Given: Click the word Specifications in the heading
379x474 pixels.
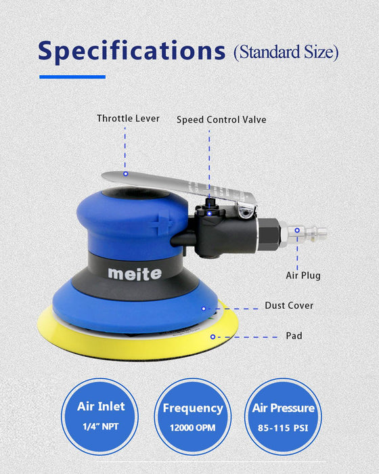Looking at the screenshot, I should (131, 51).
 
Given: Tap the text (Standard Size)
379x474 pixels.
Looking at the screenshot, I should (286, 52).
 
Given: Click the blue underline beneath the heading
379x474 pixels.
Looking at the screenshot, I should (72, 77).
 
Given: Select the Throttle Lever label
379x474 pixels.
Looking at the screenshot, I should (128, 118).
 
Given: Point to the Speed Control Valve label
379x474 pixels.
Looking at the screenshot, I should (221, 120).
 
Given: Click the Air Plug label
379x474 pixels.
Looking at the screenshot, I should (303, 276).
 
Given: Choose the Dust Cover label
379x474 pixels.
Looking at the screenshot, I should (289, 305).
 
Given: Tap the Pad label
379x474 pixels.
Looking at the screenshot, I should (294, 336).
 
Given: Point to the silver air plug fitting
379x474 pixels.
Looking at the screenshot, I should (309, 234).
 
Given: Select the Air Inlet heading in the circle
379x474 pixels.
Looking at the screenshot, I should (101, 407).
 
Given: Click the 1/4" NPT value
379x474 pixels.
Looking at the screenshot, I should (101, 427).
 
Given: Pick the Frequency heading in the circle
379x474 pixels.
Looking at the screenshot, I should (193, 408).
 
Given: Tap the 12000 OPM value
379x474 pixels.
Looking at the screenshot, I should (193, 429).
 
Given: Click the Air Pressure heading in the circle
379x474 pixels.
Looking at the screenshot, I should (284, 408).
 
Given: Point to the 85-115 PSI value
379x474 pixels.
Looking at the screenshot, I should (284, 429).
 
